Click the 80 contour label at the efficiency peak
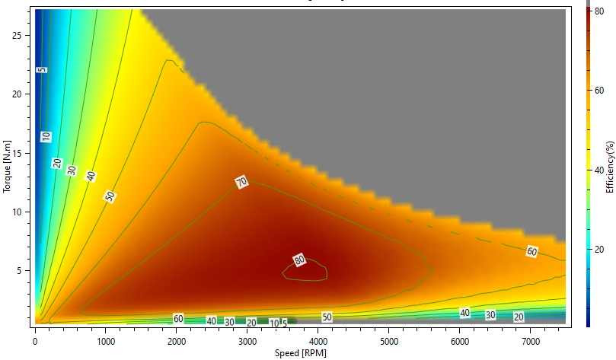(x=299, y=260)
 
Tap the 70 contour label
(x=243, y=182)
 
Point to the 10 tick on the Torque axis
(x=23, y=211)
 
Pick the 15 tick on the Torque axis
(x=23, y=152)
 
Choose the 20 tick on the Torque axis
(x=23, y=94)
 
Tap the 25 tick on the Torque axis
(x=23, y=35)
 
